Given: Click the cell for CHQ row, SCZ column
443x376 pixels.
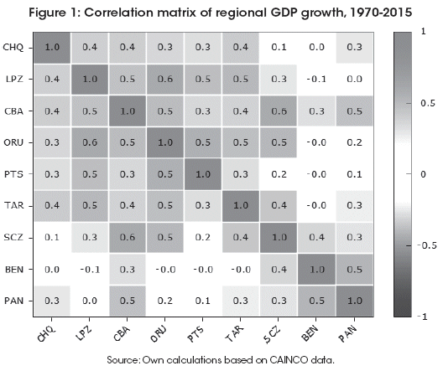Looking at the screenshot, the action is pyautogui.click(x=279, y=48).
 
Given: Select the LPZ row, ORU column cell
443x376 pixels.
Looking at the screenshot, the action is pyautogui.click(x=165, y=80).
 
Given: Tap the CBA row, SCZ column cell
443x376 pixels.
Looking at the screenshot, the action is pyautogui.click(x=279, y=111).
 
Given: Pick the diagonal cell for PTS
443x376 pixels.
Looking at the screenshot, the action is pyautogui.click(x=203, y=174).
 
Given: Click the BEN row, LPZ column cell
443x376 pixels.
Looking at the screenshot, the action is pyautogui.click(x=90, y=270).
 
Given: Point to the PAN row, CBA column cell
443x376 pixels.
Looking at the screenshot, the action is pyautogui.click(x=128, y=301).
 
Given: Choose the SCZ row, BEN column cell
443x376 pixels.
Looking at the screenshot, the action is pyautogui.click(x=316, y=238).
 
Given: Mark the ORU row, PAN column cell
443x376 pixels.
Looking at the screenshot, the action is pyautogui.click(x=354, y=142).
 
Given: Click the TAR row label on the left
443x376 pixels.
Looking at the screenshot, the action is pyautogui.click(x=13, y=206).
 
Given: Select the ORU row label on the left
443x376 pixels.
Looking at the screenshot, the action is pyautogui.click(x=13, y=142).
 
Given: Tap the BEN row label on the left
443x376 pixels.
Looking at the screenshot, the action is pyautogui.click(x=14, y=270).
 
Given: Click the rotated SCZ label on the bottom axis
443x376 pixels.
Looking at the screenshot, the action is pyautogui.click(x=272, y=334).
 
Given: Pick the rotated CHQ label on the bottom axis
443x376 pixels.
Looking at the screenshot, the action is pyautogui.click(x=46, y=333).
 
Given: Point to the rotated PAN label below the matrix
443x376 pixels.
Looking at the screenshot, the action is pyautogui.click(x=347, y=333).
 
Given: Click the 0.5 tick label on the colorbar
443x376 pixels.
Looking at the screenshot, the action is pyautogui.click(x=427, y=103).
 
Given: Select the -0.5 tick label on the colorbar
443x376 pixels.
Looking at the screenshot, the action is pyautogui.click(x=426, y=245).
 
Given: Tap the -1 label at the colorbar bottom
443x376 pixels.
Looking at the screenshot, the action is pyautogui.click(x=422, y=317).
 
